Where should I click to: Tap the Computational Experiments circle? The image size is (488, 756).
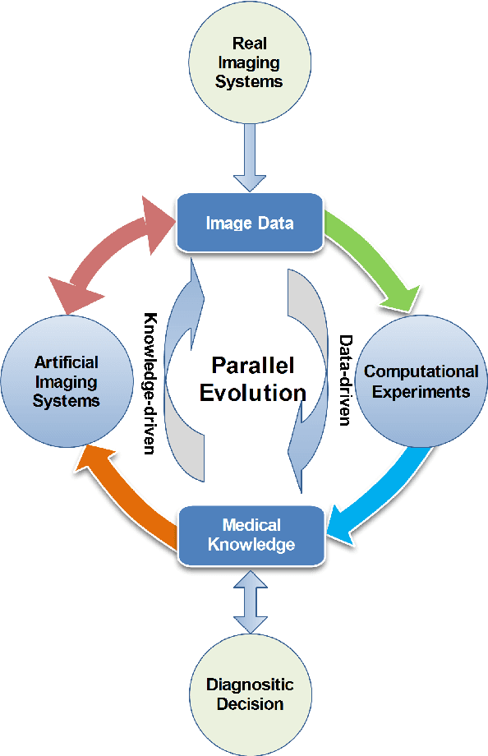(421, 381)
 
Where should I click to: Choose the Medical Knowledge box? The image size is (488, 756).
(251, 535)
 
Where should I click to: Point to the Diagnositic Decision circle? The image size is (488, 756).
(250, 694)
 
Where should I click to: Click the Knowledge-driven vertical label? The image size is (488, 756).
(151, 383)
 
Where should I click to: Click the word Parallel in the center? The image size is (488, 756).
(253, 365)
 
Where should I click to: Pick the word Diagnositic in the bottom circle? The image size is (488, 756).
(250, 684)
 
